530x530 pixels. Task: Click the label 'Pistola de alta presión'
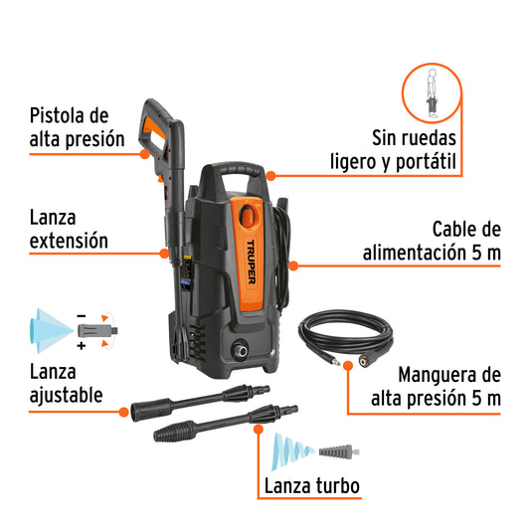77,128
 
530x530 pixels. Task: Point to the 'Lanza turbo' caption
311,487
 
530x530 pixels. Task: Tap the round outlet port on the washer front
241,349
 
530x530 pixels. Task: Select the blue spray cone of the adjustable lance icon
46,329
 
